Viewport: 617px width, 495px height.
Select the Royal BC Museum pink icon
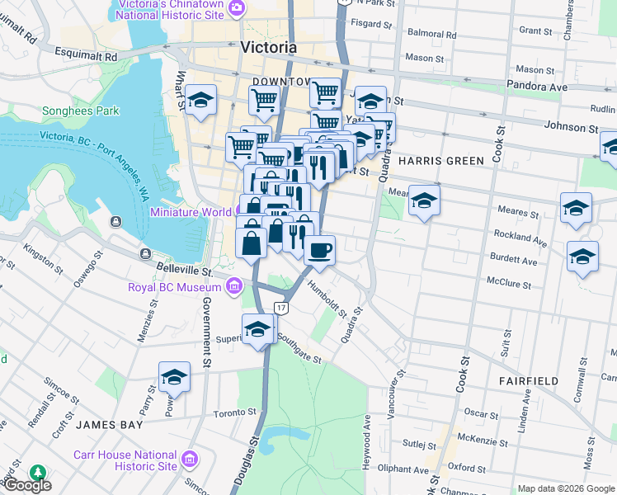234,287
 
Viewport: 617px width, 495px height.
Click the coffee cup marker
319,249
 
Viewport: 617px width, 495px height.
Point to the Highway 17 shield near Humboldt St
282,308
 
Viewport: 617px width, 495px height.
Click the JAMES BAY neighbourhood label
110,425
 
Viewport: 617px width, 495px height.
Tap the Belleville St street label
186,270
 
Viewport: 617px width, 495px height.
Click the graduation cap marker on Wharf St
201,101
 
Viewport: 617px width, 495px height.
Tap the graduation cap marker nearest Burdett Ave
582,257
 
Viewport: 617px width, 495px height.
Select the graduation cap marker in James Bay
174,377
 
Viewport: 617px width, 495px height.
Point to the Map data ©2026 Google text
565,488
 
